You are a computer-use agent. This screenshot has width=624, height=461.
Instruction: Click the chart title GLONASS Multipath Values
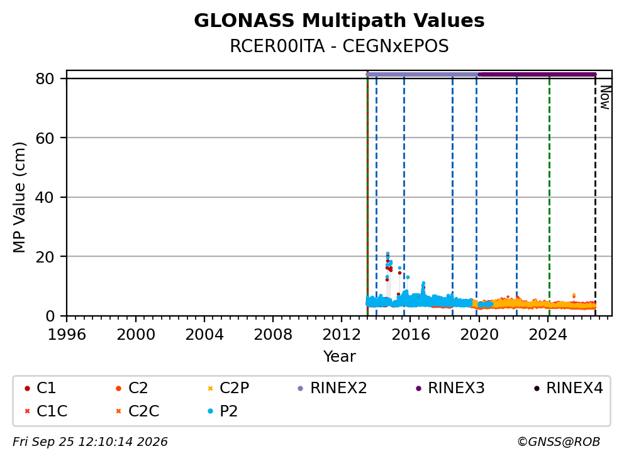click(x=339, y=21)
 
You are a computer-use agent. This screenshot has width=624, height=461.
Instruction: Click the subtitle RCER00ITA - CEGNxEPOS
click(x=339, y=46)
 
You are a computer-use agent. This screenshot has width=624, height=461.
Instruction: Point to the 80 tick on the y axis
click(x=45, y=79)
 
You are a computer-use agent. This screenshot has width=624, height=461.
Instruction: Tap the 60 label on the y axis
click(x=45, y=138)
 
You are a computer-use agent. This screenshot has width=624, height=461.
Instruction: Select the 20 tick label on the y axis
click(x=45, y=257)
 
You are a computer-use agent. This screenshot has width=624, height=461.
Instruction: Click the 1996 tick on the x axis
click(x=67, y=335)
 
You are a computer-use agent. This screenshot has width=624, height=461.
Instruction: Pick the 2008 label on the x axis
click(x=273, y=335)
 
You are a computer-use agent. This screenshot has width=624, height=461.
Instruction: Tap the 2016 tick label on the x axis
click(x=411, y=335)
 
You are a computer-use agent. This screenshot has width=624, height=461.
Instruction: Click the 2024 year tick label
click(x=548, y=335)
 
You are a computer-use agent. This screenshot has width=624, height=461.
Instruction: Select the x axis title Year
click(x=339, y=357)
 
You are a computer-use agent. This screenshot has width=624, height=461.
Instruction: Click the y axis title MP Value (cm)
click(x=19, y=197)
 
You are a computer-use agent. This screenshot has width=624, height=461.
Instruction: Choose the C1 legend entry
click(x=40, y=388)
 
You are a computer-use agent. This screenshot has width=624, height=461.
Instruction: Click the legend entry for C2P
click(x=228, y=388)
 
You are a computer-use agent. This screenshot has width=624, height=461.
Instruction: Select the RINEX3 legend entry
click(x=450, y=388)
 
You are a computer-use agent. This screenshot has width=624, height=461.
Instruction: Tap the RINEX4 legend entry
click(x=568, y=388)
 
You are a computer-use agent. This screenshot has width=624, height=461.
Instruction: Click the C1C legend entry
click(x=46, y=411)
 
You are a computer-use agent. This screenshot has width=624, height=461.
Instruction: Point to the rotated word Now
click(x=605, y=97)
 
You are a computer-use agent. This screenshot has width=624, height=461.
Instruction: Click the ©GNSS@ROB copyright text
click(x=559, y=442)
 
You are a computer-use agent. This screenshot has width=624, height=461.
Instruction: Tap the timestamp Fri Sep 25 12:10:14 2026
click(x=90, y=442)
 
